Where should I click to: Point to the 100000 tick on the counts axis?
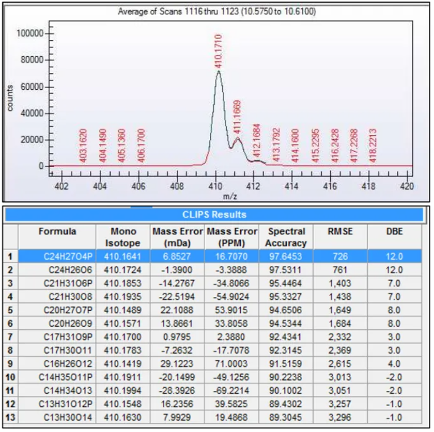32,34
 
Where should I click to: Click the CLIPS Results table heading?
215,215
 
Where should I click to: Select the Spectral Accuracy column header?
287,237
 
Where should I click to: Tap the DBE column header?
394,232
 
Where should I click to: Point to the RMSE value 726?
342,255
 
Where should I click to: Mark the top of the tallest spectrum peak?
219,71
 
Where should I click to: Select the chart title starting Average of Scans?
217,11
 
